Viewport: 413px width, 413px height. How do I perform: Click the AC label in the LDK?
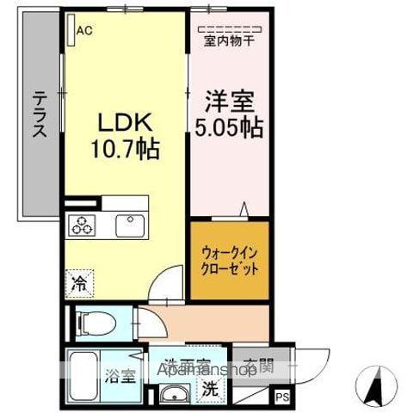84,32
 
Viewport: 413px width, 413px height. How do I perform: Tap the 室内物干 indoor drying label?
228,40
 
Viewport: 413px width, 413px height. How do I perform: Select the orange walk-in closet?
229,261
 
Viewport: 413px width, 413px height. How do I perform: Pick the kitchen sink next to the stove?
131,226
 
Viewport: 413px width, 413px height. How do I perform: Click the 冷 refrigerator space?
79,281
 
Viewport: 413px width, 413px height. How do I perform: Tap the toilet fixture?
96,324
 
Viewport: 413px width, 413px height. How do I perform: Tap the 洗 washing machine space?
209,389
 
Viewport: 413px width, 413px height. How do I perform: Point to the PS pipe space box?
282,397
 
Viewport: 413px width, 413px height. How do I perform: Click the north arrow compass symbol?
376,385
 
